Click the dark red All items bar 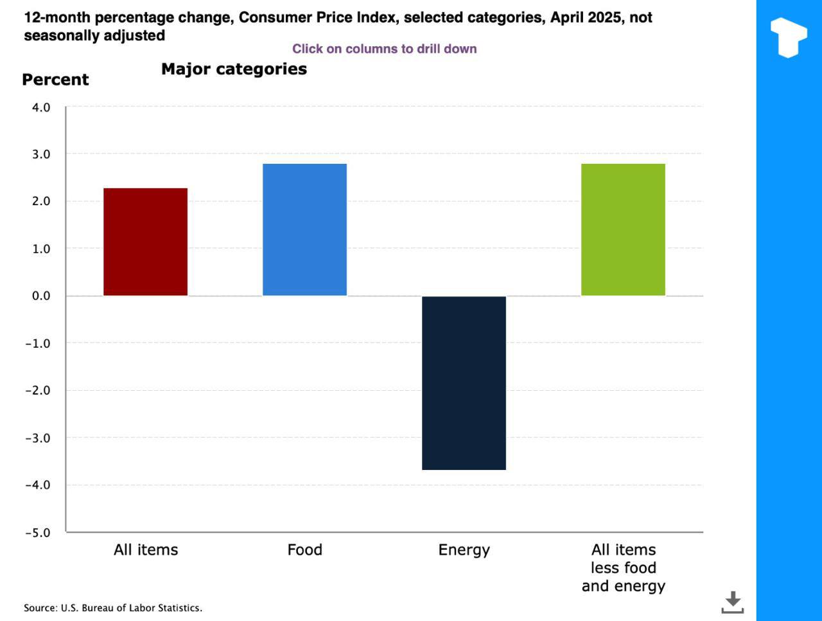point(145,242)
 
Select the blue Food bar point(304,230)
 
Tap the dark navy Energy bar point(464,382)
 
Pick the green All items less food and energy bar point(623,230)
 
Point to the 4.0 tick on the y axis point(41,107)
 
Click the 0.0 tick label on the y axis point(41,296)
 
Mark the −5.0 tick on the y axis point(37,532)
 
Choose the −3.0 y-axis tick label point(37,438)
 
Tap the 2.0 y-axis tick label point(41,201)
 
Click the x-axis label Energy point(464,550)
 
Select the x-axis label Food point(304,550)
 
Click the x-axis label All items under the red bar point(146,550)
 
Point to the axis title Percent point(55,80)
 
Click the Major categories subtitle point(234,69)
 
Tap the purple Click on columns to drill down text point(384,49)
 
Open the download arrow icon point(732,602)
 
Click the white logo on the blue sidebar point(789,37)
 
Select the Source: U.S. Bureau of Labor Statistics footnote point(113,607)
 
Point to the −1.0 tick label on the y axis point(37,343)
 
